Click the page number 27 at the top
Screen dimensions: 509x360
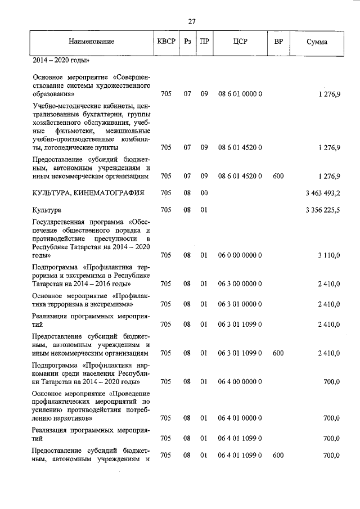coord(191,21)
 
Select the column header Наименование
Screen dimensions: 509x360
coord(92,42)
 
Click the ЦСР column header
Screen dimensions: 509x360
coord(240,42)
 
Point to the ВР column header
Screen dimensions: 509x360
coord(278,42)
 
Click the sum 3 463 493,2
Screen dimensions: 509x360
coord(322,193)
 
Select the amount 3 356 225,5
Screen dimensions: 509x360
coord(322,210)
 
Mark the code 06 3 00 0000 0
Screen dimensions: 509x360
coord(240,285)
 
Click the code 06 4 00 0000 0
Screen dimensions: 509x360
coord(240,381)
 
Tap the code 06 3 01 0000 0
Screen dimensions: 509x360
coord(240,304)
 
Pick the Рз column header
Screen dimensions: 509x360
coord(188,42)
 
